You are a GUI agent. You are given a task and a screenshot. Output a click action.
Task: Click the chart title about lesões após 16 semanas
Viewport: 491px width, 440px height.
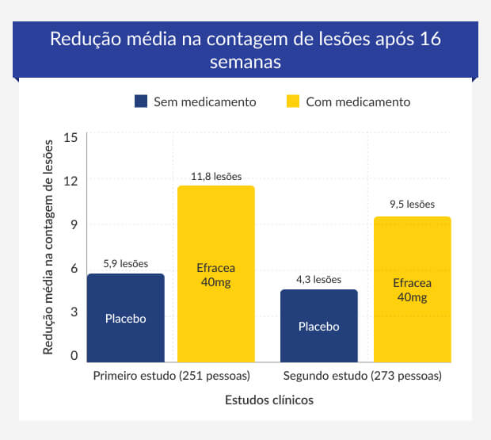(245, 50)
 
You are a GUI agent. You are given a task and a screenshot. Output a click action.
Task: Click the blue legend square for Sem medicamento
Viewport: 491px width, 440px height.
(142, 102)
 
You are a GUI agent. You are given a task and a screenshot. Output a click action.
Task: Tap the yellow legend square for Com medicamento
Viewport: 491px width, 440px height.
(292, 102)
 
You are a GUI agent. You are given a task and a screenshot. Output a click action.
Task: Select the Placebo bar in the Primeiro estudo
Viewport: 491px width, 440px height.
(126, 318)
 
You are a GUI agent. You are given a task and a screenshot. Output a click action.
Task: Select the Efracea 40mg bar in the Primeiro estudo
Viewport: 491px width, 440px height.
(215, 274)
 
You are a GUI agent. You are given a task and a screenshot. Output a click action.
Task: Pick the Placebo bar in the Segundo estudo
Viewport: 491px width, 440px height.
(319, 326)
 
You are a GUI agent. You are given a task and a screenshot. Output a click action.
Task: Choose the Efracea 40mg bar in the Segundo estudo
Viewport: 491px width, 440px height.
(412, 289)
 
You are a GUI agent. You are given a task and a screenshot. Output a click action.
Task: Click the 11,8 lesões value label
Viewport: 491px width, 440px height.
(216, 177)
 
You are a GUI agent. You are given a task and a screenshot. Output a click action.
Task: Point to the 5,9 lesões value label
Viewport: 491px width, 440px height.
(126, 264)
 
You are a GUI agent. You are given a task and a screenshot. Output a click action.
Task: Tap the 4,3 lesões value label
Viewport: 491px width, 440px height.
(319, 280)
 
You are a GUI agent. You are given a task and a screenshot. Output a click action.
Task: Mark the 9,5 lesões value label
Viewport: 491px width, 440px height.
(412, 205)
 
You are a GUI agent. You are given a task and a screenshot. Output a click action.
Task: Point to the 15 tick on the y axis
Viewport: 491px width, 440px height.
(70, 137)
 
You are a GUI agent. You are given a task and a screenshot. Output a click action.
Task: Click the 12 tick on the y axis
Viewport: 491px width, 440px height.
(70, 181)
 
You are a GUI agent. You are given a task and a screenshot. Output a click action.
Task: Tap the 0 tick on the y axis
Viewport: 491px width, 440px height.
(74, 356)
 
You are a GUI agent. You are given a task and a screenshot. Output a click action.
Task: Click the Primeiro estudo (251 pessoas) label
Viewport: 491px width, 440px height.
(172, 375)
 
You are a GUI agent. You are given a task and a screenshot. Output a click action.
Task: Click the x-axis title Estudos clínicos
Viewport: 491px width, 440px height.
(268, 400)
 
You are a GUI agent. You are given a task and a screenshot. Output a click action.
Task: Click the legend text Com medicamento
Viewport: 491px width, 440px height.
(358, 102)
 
